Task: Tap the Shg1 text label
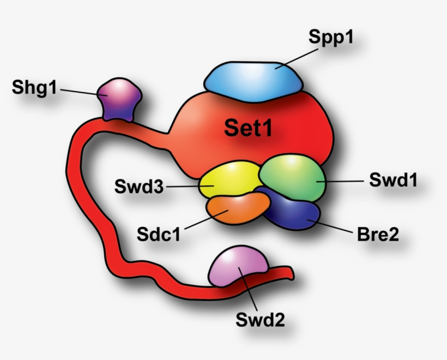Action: pyautogui.click(x=34, y=87)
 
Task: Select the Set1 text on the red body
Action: pyautogui.click(x=248, y=128)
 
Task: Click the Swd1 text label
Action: pyautogui.click(x=393, y=180)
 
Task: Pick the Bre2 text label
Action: pyautogui.click(x=378, y=236)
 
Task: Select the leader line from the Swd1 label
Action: pyautogui.click(x=341, y=181)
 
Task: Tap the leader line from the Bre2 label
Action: pyautogui.click(x=333, y=227)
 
